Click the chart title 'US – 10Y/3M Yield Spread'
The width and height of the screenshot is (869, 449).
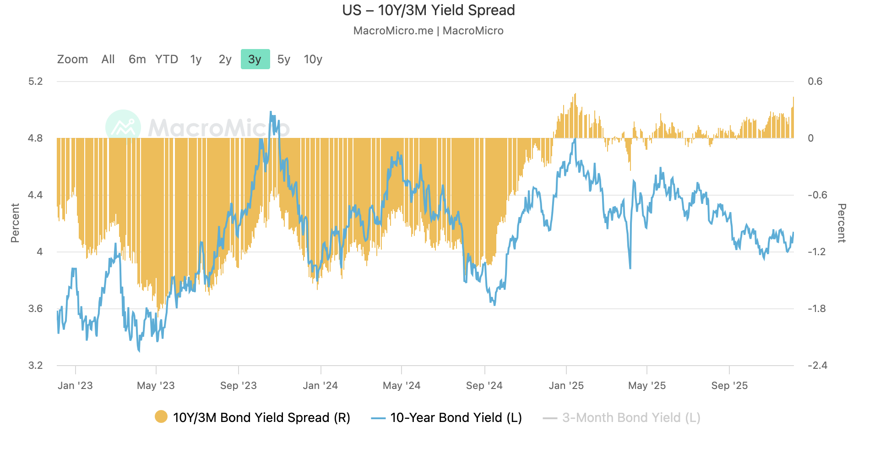pyautogui.click(x=429, y=10)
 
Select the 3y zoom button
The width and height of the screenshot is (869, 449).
pyautogui.click(x=255, y=59)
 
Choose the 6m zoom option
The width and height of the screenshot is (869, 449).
pyautogui.click(x=137, y=59)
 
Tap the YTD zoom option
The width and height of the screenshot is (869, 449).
pyautogui.click(x=167, y=59)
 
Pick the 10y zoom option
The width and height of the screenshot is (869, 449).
pyautogui.click(x=313, y=59)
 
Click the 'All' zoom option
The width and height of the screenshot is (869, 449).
pyautogui.click(x=108, y=59)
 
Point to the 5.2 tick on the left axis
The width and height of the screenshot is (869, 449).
pyautogui.click(x=35, y=82)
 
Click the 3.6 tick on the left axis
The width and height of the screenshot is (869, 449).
pyautogui.click(x=35, y=308)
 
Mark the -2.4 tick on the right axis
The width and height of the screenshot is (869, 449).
pyautogui.click(x=817, y=365)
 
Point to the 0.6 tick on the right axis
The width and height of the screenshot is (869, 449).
pyautogui.click(x=815, y=82)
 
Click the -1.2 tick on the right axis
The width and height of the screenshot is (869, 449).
pyautogui.click(x=817, y=252)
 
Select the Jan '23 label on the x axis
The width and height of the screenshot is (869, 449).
pyautogui.click(x=75, y=385)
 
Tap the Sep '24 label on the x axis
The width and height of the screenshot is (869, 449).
pyautogui.click(x=484, y=385)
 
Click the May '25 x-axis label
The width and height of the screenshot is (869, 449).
pyautogui.click(x=646, y=385)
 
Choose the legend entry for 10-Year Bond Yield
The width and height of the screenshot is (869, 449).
pyautogui.click(x=456, y=417)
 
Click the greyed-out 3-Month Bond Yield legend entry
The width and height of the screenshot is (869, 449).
pyautogui.click(x=631, y=417)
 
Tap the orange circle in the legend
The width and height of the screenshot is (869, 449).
pyautogui.click(x=161, y=417)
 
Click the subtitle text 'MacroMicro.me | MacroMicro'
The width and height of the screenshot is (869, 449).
pyautogui.click(x=429, y=31)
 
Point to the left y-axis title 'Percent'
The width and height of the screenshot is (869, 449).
pyautogui.click(x=15, y=223)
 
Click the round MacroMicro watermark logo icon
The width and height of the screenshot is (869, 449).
pyautogui.click(x=123, y=127)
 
